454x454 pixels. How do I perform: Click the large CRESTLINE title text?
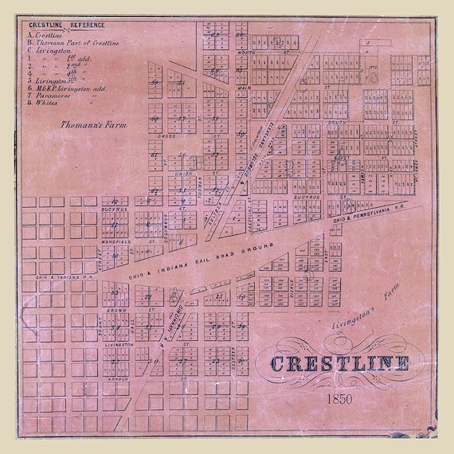pos(340,365)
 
